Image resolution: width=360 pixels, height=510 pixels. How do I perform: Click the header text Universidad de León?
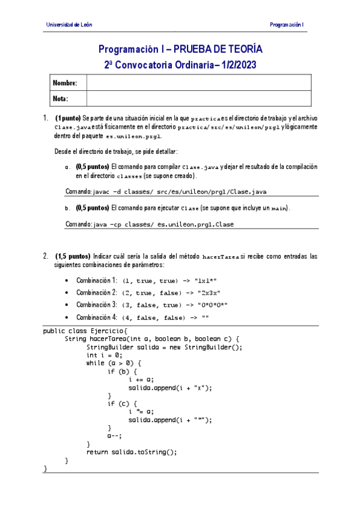click(69, 25)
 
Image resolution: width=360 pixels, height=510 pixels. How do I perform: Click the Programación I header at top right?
click(287, 25)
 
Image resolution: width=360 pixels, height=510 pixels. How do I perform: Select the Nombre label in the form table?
click(65, 82)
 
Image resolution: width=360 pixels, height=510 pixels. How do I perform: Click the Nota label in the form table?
click(61, 98)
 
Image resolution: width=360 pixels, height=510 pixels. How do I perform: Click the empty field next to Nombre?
click(198, 82)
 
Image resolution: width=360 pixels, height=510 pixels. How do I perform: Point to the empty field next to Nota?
click(198, 98)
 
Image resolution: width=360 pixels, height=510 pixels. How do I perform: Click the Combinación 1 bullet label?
click(96, 280)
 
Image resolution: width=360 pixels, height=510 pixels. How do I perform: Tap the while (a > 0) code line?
click(114, 363)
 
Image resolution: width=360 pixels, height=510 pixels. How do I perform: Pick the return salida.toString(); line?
click(132, 452)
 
